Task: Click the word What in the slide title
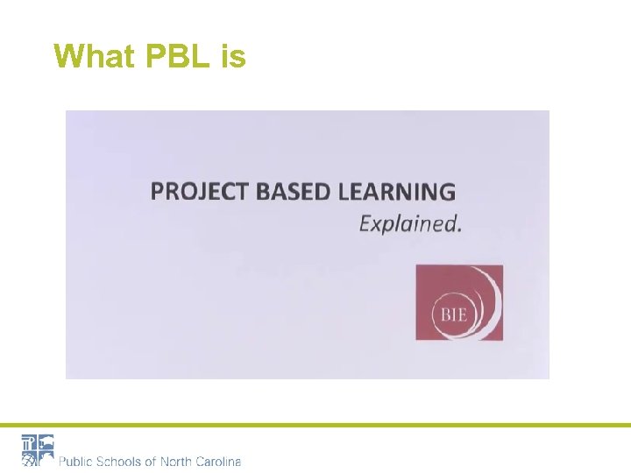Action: pos(93,56)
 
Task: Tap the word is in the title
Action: pos(233,56)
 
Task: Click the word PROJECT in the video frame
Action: pos(199,191)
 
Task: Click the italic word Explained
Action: pos(408,223)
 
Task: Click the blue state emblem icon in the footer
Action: pos(38,449)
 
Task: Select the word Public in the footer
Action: pos(77,461)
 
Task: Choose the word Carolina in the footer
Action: pos(219,461)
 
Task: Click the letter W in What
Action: pos(67,56)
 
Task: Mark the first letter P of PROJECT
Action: pos(157,191)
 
